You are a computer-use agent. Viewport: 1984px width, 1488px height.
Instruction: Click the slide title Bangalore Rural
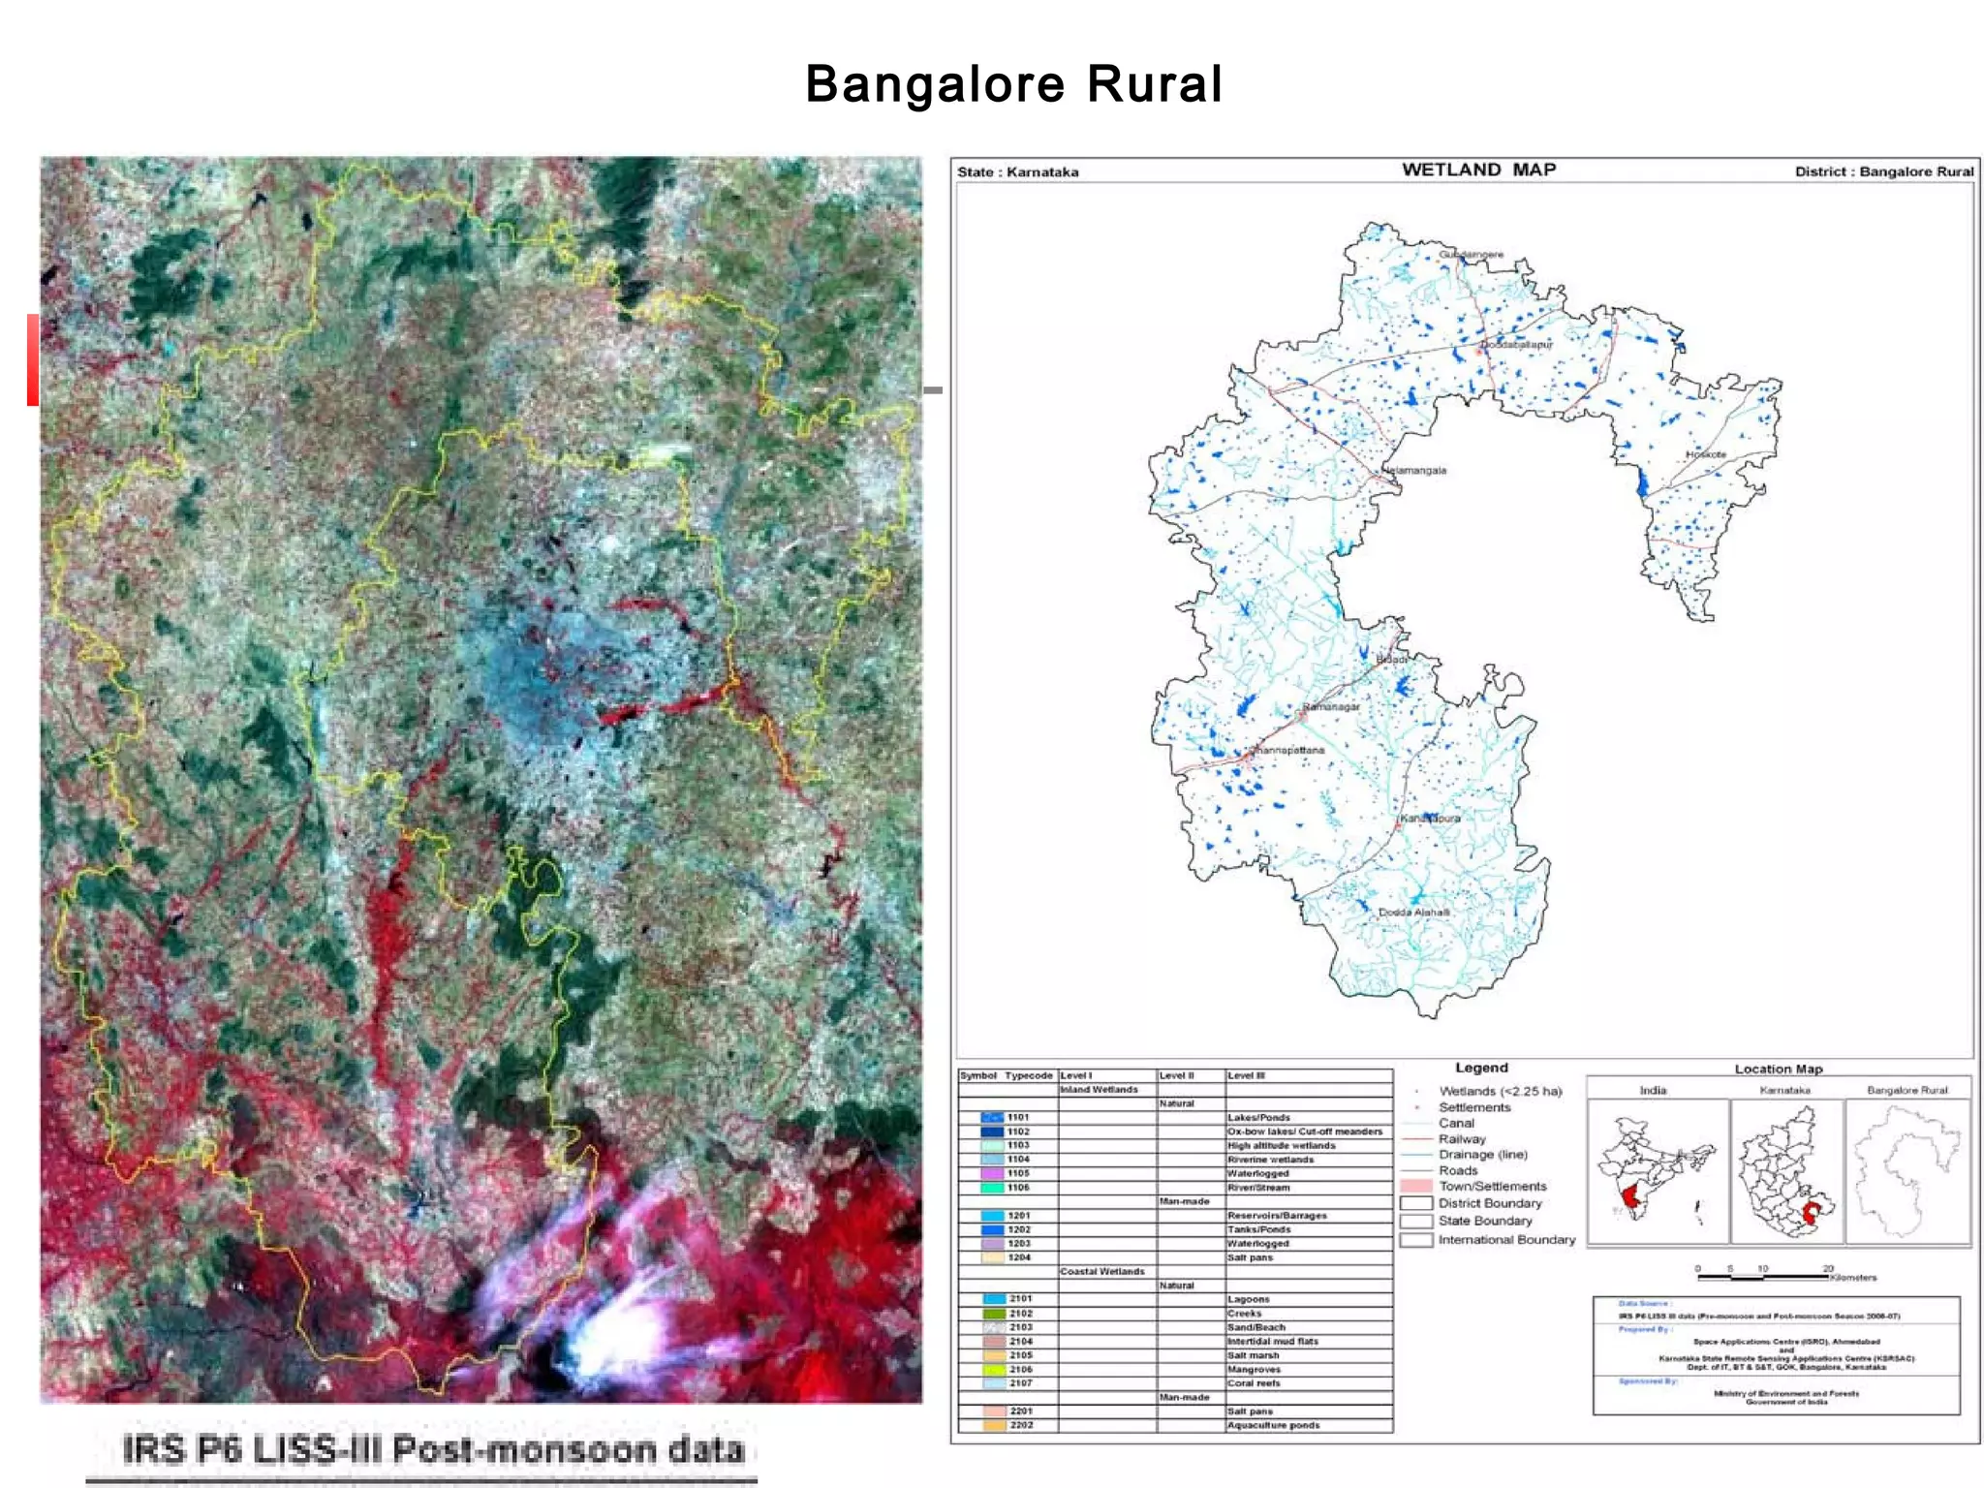[1013, 84]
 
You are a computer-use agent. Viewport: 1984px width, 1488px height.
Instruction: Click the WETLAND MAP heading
[1478, 170]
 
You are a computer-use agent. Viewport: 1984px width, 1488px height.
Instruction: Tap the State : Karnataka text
[1017, 172]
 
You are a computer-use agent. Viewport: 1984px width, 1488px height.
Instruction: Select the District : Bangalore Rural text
[1883, 171]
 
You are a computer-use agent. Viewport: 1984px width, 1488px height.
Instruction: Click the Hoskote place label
[1705, 454]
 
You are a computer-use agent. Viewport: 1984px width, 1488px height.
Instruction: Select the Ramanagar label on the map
[1331, 707]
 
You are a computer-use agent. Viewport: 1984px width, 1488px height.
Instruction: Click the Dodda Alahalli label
[1414, 913]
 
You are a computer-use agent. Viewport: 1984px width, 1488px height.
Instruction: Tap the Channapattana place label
[1288, 751]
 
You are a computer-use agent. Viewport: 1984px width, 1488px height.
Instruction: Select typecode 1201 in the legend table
[1019, 1215]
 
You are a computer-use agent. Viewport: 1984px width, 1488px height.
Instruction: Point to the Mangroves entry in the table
[1254, 1369]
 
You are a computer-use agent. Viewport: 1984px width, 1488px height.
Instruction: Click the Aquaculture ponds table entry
[1273, 1425]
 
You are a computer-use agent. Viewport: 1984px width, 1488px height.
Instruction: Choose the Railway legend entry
[1462, 1139]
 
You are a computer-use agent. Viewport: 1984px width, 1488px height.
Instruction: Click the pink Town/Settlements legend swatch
[1416, 1186]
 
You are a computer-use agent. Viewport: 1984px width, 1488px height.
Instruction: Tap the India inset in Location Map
[1657, 1167]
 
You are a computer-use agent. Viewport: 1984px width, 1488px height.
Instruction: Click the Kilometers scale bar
[1763, 1278]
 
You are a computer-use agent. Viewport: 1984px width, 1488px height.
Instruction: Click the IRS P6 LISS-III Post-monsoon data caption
[433, 1450]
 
